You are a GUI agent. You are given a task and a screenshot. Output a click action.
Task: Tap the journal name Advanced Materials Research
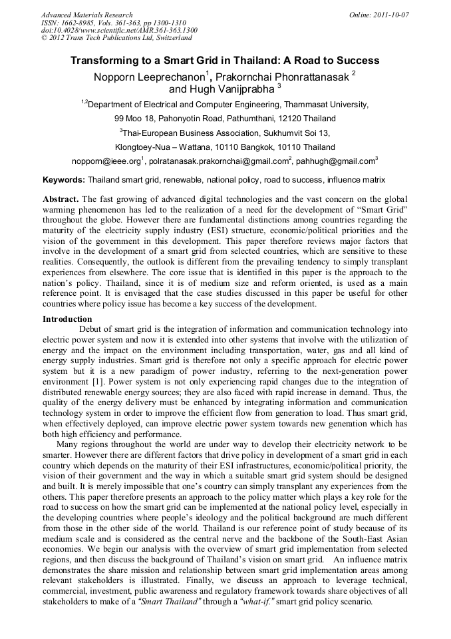point(86,15)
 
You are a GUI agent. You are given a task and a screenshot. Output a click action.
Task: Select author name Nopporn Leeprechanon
point(148,77)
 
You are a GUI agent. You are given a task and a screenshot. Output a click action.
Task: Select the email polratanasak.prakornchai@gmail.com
point(219,161)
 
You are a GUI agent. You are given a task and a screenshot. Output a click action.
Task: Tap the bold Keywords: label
point(64,180)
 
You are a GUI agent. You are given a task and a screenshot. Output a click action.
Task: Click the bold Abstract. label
point(61,199)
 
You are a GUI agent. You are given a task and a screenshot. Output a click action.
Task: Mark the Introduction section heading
point(67,319)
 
